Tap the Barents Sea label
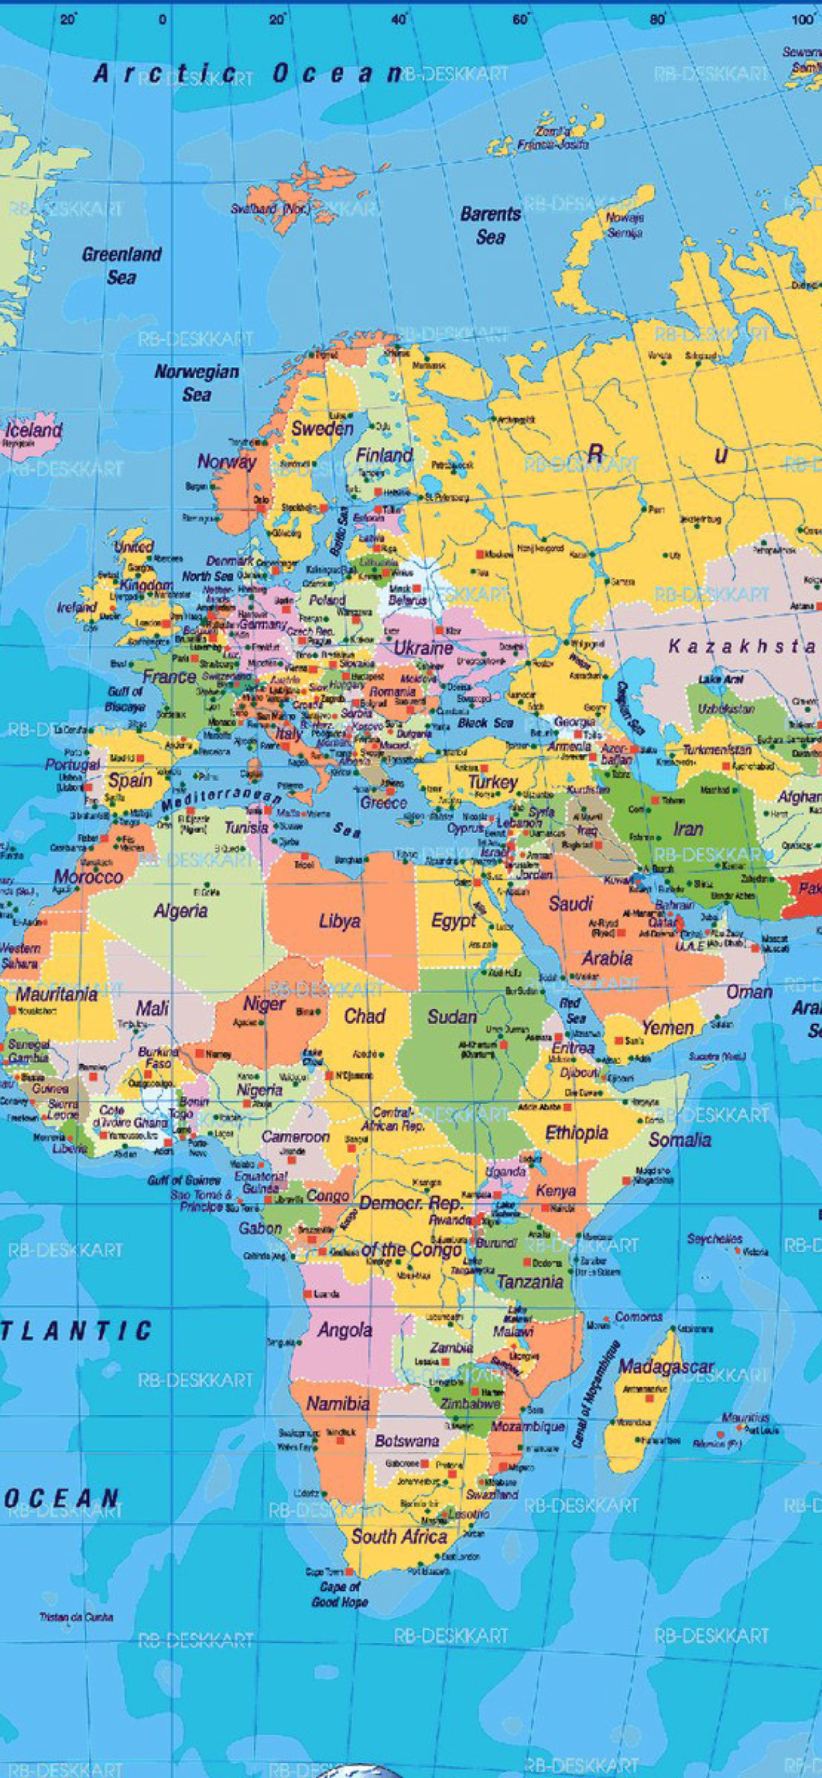[490, 225]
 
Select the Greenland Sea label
[122, 265]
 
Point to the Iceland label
[34, 430]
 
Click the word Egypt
[454, 921]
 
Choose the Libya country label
[339, 921]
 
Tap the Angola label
[344, 1329]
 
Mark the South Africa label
[399, 1536]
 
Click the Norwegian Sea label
[197, 383]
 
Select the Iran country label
[688, 829]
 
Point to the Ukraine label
[423, 647]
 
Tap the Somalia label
[679, 1139]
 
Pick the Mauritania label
[56, 994]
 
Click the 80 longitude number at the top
[657, 20]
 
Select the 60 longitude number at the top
[521, 20]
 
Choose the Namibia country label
[338, 1404]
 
